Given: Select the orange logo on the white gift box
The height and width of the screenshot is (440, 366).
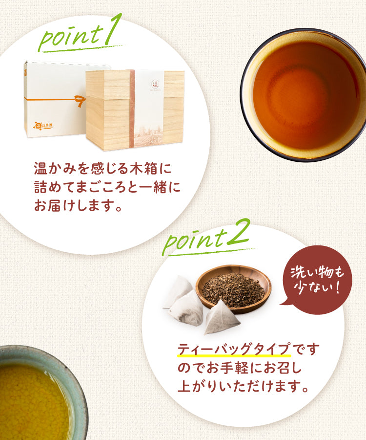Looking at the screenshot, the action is pyautogui.click(x=42, y=125).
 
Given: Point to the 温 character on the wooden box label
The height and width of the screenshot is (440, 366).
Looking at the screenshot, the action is pyautogui.click(x=155, y=84).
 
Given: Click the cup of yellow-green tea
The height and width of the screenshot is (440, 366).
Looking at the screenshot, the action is pyautogui.click(x=39, y=393).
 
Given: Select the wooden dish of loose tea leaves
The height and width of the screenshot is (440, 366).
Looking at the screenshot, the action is pyautogui.click(x=233, y=289).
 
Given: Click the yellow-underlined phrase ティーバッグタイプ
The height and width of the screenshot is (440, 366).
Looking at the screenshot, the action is pyautogui.click(x=234, y=350).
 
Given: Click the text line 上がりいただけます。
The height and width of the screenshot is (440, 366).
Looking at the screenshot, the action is pyautogui.click(x=243, y=386).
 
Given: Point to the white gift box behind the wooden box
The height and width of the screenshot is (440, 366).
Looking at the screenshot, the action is pyautogui.click(x=56, y=100).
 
